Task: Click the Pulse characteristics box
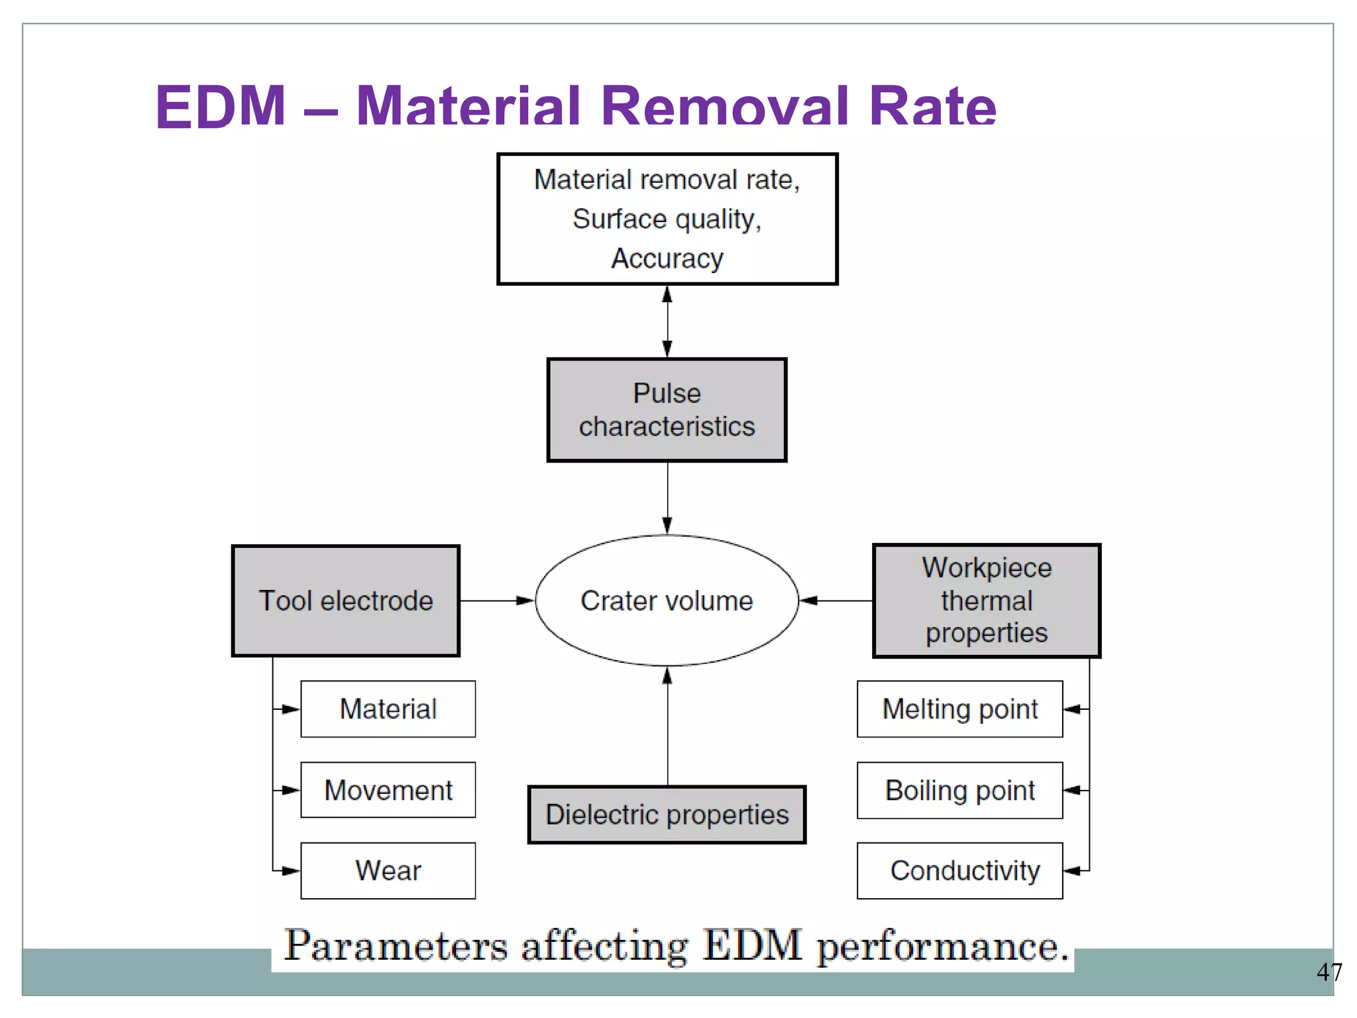(667, 410)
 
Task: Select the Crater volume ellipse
(667, 600)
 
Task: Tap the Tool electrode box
(345, 600)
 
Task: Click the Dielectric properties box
(667, 815)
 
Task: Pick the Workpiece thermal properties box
(986, 600)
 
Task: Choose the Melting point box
(959, 709)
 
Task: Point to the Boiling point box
(959, 790)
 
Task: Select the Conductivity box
(959, 871)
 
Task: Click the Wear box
(388, 871)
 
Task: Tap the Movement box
(388, 790)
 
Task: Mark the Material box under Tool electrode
(388, 709)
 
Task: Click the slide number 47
(1329, 972)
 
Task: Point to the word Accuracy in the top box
(667, 258)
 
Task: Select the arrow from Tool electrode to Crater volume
(497, 600)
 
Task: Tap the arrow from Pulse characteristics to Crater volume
(667, 497)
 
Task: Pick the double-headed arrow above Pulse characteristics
(667, 321)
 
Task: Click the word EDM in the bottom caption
(752, 946)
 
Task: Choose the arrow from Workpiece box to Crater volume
(836, 600)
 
